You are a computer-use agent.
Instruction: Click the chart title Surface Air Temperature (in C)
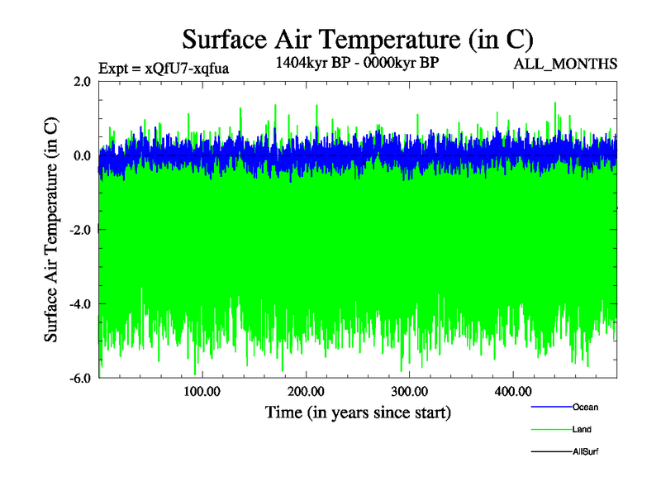pyautogui.click(x=358, y=39)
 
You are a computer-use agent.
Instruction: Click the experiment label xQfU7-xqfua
pyautogui.click(x=164, y=68)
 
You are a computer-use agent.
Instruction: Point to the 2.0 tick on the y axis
pyautogui.click(x=82, y=81)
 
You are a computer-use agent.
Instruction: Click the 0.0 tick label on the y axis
pyautogui.click(x=82, y=155)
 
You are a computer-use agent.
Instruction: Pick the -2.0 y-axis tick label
pyautogui.click(x=80, y=230)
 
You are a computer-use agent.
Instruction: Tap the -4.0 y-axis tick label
pyautogui.click(x=80, y=304)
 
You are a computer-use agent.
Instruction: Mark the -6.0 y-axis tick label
pyautogui.click(x=80, y=378)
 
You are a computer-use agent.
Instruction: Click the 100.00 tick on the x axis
pyautogui.click(x=202, y=391)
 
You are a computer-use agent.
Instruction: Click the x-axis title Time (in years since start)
pyautogui.click(x=358, y=412)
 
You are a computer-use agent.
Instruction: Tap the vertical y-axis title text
pyautogui.click(x=51, y=230)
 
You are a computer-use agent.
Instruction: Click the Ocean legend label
pyautogui.click(x=585, y=407)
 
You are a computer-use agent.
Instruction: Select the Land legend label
pyautogui.click(x=582, y=430)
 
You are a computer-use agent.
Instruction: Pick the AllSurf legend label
pyautogui.click(x=586, y=452)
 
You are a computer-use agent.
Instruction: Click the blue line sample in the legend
pyautogui.click(x=549, y=407)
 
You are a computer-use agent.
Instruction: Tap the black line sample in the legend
pyautogui.click(x=549, y=452)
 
